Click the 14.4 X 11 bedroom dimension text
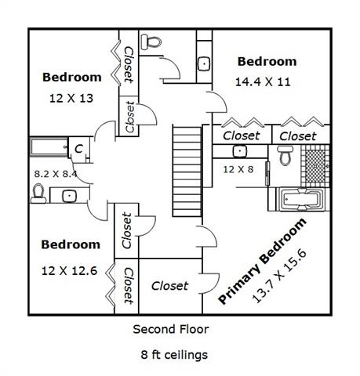coord(263,82)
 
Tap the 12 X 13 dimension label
coord(71,99)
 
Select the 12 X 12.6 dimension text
coord(69,271)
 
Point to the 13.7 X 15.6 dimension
coord(279,277)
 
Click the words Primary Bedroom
coord(262,261)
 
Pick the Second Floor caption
coord(171,329)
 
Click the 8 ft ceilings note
coord(174,355)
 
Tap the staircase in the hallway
coord(187,172)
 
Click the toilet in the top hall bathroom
coord(151,42)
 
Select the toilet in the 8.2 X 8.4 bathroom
coord(38,193)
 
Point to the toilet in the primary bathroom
coord(285,155)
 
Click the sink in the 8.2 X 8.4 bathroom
coord(69,195)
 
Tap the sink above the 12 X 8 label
coord(239,151)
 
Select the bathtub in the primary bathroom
coord(300,199)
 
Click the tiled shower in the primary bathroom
coord(315,166)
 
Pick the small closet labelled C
coord(78,149)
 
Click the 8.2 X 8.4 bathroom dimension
coord(56,174)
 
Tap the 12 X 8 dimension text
coord(238,169)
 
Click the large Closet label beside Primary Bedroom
coord(169,286)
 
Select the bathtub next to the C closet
coord(49,147)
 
